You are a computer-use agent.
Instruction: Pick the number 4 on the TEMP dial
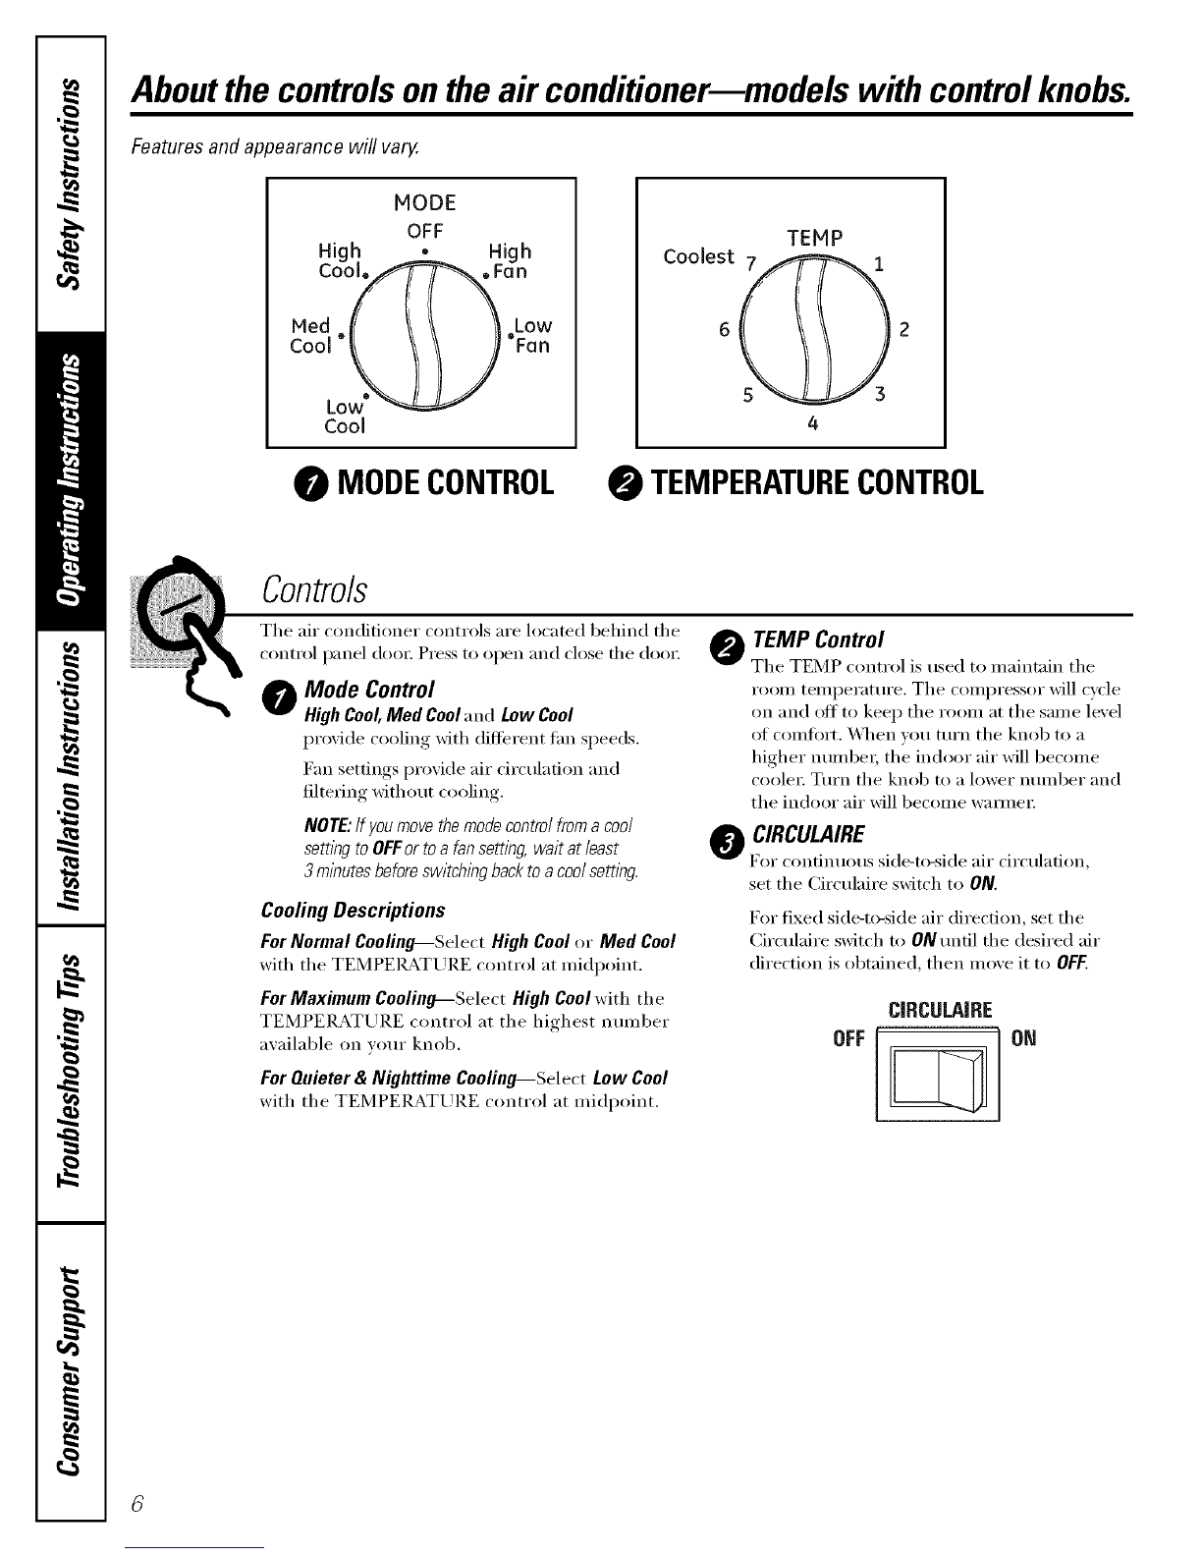tap(811, 425)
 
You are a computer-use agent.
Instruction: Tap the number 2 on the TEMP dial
tap(904, 331)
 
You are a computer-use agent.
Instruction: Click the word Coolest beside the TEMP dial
tap(698, 256)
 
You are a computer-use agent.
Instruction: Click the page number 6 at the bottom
tap(138, 1504)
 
